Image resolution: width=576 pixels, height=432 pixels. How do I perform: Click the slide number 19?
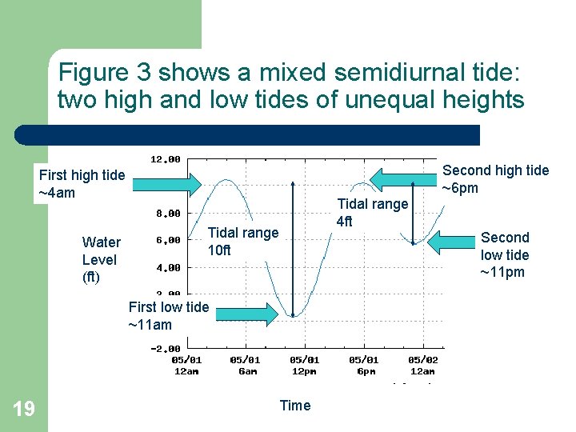pyautogui.click(x=24, y=409)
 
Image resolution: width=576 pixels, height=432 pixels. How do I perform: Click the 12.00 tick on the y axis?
pyautogui.click(x=166, y=158)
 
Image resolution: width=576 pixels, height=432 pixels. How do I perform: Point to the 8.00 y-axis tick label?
pyautogui.click(x=166, y=214)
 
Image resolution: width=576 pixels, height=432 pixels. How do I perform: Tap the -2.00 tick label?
pyautogui.click(x=165, y=348)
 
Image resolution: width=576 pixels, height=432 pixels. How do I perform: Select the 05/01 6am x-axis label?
pyautogui.click(x=245, y=365)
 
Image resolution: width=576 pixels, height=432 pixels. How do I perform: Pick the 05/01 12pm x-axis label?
pyautogui.click(x=304, y=365)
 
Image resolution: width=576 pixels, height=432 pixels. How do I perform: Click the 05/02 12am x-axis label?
pyautogui.click(x=422, y=365)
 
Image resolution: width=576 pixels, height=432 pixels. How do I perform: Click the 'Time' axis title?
pyautogui.click(x=294, y=406)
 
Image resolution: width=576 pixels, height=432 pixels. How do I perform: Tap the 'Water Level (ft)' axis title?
pyautogui.click(x=101, y=260)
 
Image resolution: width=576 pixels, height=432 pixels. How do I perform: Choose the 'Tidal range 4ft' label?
pyautogui.click(x=372, y=212)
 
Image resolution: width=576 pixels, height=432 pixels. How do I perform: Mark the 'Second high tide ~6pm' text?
pyautogui.click(x=495, y=179)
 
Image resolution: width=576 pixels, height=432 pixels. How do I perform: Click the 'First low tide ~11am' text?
pyautogui.click(x=168, y=315)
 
